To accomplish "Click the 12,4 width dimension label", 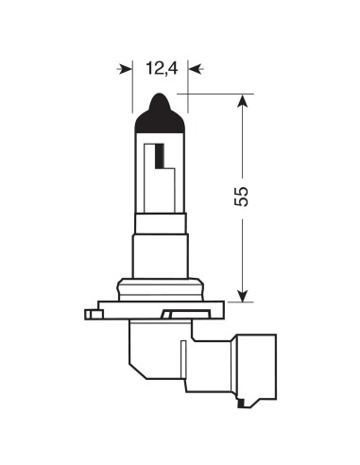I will [160, 68].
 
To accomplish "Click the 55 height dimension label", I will [242, 197].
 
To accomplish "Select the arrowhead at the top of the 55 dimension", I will [243, 101].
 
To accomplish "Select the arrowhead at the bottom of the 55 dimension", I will [243, 294].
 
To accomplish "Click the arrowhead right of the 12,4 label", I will [194, 68].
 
